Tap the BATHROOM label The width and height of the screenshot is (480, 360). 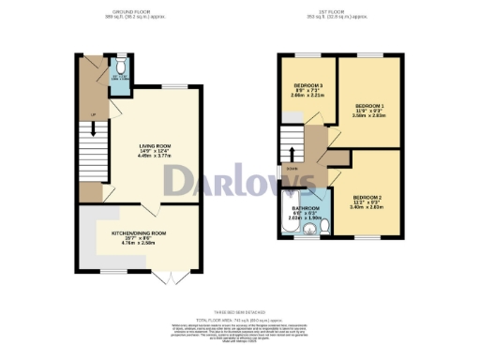[x=306, y=208]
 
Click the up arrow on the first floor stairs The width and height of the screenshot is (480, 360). [x=293, y=155]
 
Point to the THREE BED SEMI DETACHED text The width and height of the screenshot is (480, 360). [x=240, y=311]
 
